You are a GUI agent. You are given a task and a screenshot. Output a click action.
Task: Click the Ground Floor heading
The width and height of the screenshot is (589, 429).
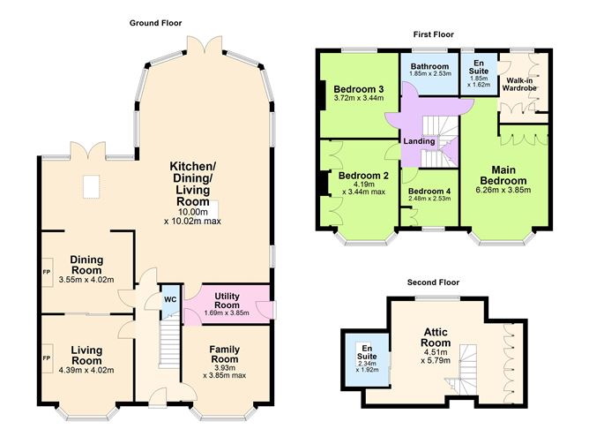click(x=155, y=23)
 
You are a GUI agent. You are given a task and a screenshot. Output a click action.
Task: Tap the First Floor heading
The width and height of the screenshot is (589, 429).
click(x=434, y=34)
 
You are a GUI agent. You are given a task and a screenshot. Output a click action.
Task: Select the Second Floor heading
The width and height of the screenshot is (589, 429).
click(x=433, y=282)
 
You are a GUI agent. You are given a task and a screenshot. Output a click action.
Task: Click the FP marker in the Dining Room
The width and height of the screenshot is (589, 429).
click(x=47, y=272)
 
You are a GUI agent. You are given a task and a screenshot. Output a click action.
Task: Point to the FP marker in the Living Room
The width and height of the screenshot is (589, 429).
click(x=47, y=358)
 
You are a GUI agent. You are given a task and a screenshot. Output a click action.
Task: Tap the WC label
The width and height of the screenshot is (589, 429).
click(x=170, y=299)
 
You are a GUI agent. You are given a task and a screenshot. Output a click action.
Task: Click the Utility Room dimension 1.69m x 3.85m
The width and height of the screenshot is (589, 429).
click(x=227, y=312)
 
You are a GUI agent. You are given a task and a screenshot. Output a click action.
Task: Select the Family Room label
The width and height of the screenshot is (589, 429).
click(x=224, y=355)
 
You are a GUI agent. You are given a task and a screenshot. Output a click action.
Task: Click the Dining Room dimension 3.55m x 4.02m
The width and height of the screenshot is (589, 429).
click(x=86, y=280)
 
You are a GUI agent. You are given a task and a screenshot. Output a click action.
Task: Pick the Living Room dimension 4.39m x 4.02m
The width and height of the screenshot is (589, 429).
click(x=86, y=371)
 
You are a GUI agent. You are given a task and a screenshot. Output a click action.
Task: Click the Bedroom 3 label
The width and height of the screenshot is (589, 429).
click(x=359, y=89)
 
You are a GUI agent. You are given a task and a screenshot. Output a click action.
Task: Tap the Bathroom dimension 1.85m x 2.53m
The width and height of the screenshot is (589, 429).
click(x=429, y=73)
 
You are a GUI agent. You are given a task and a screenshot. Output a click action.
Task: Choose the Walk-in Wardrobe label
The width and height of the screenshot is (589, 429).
click(x=519, y=84)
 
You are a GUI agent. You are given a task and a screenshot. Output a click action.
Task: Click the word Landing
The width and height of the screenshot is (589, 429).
click(x=419, y=141)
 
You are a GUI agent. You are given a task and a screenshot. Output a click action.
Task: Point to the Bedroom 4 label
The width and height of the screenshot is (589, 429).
click(x=429, y=191)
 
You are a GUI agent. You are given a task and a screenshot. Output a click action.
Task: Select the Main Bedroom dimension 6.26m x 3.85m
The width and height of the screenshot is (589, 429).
click(x=503, y=190)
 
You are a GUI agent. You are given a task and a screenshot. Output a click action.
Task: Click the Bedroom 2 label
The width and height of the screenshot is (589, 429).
click(x=363, y=176)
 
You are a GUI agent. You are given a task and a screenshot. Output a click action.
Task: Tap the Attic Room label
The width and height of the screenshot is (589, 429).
click(x=436, y=337)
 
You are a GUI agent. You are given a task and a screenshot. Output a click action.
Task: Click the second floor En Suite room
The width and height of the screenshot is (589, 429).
click(x=367, y=359)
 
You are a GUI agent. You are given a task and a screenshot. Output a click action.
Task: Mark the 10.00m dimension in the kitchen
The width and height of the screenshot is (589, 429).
click(x=193, y=212)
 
